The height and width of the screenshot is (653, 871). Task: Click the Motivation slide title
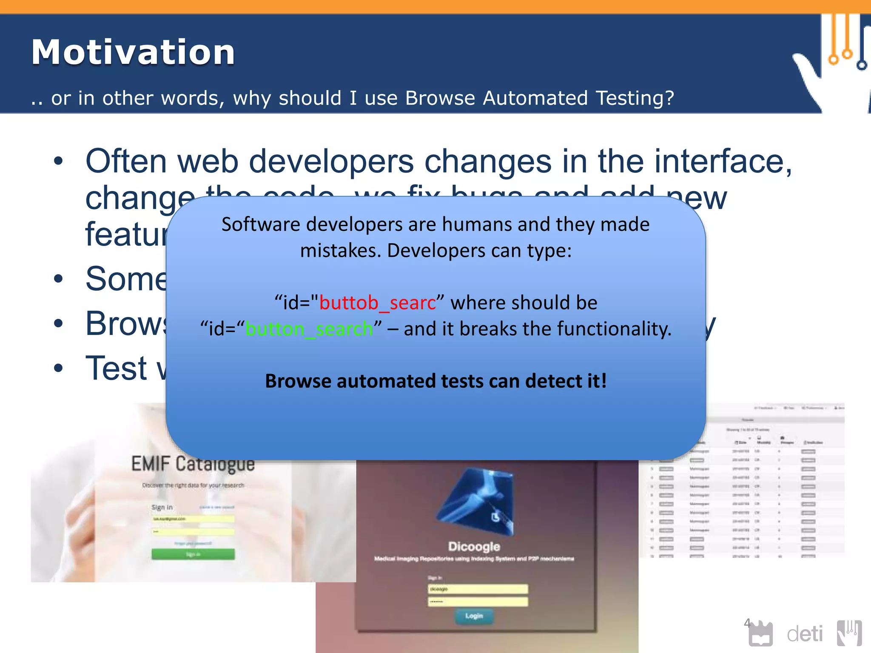(133, 52)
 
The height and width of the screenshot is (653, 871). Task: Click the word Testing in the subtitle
(635, 98)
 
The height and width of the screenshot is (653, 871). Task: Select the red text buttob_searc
(377, 303)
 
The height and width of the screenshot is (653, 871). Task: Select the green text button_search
(309, 329)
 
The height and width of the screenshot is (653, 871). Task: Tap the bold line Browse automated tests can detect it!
(435, 381)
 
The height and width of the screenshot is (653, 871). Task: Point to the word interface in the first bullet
(723, 162)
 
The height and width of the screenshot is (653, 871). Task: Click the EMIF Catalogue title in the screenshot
(193, 464)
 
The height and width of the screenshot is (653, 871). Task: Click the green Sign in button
(193, 554)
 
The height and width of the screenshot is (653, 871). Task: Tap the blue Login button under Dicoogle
(474, 616)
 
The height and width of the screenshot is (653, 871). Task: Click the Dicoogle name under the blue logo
(474, 546)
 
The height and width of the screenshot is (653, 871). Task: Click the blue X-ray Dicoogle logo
(476, 500)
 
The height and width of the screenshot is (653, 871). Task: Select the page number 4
(747, 623)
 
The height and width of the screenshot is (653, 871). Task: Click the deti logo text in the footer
(805, 634)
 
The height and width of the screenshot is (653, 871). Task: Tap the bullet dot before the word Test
(58, 369)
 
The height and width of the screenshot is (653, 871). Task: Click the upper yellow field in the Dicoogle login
(478, 589)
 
